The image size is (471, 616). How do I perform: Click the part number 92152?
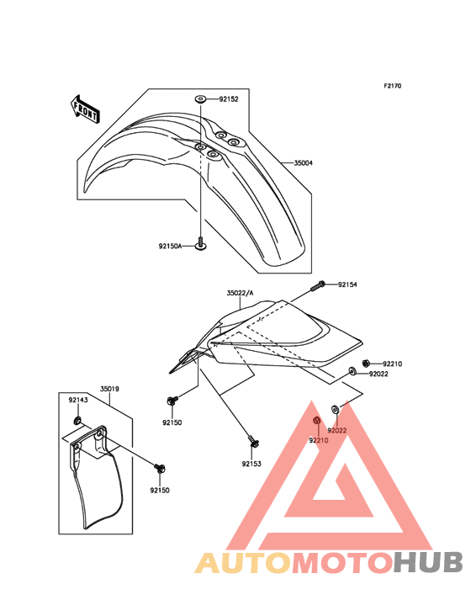(229, 99)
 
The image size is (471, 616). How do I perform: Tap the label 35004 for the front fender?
(304, 162)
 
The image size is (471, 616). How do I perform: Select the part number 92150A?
(171, 247)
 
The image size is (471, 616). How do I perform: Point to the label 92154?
(347, 284)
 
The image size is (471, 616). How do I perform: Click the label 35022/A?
(240, 293)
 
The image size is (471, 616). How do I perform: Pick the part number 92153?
(251, 464)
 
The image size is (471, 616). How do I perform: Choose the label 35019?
(109, 389)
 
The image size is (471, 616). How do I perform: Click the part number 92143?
(78, 400)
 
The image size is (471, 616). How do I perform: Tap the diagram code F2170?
(393, 86)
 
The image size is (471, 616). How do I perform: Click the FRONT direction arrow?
(85, 109)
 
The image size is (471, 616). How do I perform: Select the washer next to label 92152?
(200, 99)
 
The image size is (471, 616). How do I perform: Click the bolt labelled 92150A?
(201, 244)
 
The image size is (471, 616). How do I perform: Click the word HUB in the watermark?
(429, 562)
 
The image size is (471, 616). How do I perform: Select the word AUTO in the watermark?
(243, 562)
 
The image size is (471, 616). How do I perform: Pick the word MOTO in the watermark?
(343, 562)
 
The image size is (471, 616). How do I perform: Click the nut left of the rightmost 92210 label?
(366, 363)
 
